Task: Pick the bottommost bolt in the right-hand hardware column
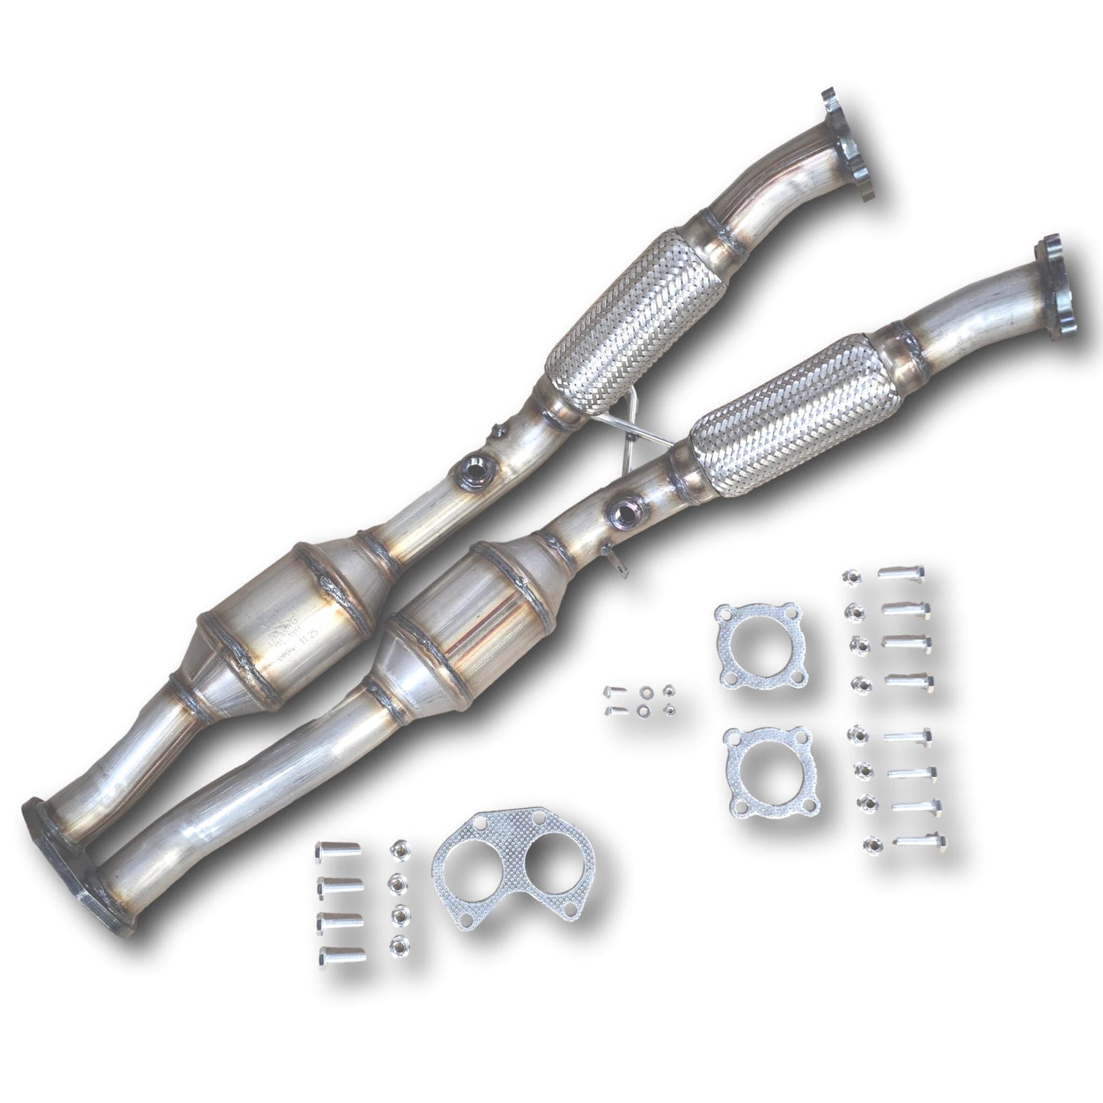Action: pos(922,844)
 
